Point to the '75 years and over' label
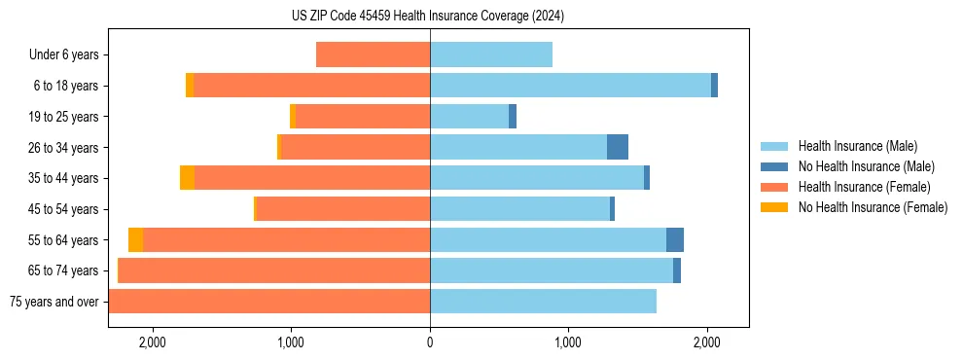53,302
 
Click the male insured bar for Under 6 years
491,55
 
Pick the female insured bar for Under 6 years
373,55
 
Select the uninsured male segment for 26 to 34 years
618,148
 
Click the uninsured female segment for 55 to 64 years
135,240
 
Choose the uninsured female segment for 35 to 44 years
187,178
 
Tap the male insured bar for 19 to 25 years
469,117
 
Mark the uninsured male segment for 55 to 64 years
675,240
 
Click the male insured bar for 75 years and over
543,302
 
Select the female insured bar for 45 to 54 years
342,209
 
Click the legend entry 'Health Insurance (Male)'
857,146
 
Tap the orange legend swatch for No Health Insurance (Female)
774,207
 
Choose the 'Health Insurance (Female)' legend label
864,187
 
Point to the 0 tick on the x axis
430,342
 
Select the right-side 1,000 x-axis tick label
568,342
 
